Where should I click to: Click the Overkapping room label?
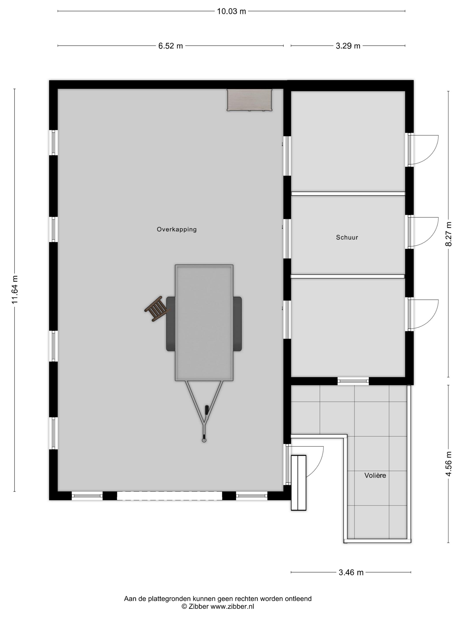177,229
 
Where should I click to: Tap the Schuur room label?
347,237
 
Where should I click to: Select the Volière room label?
375,475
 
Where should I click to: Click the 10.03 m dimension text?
231,11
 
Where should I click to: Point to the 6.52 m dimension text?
170,46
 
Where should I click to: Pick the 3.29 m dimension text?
348,46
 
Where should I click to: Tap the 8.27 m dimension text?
448,234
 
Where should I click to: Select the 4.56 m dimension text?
448,464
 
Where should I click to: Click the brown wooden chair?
157,309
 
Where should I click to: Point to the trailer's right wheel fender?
237,323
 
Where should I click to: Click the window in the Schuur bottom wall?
353,381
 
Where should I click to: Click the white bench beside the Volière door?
298,483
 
